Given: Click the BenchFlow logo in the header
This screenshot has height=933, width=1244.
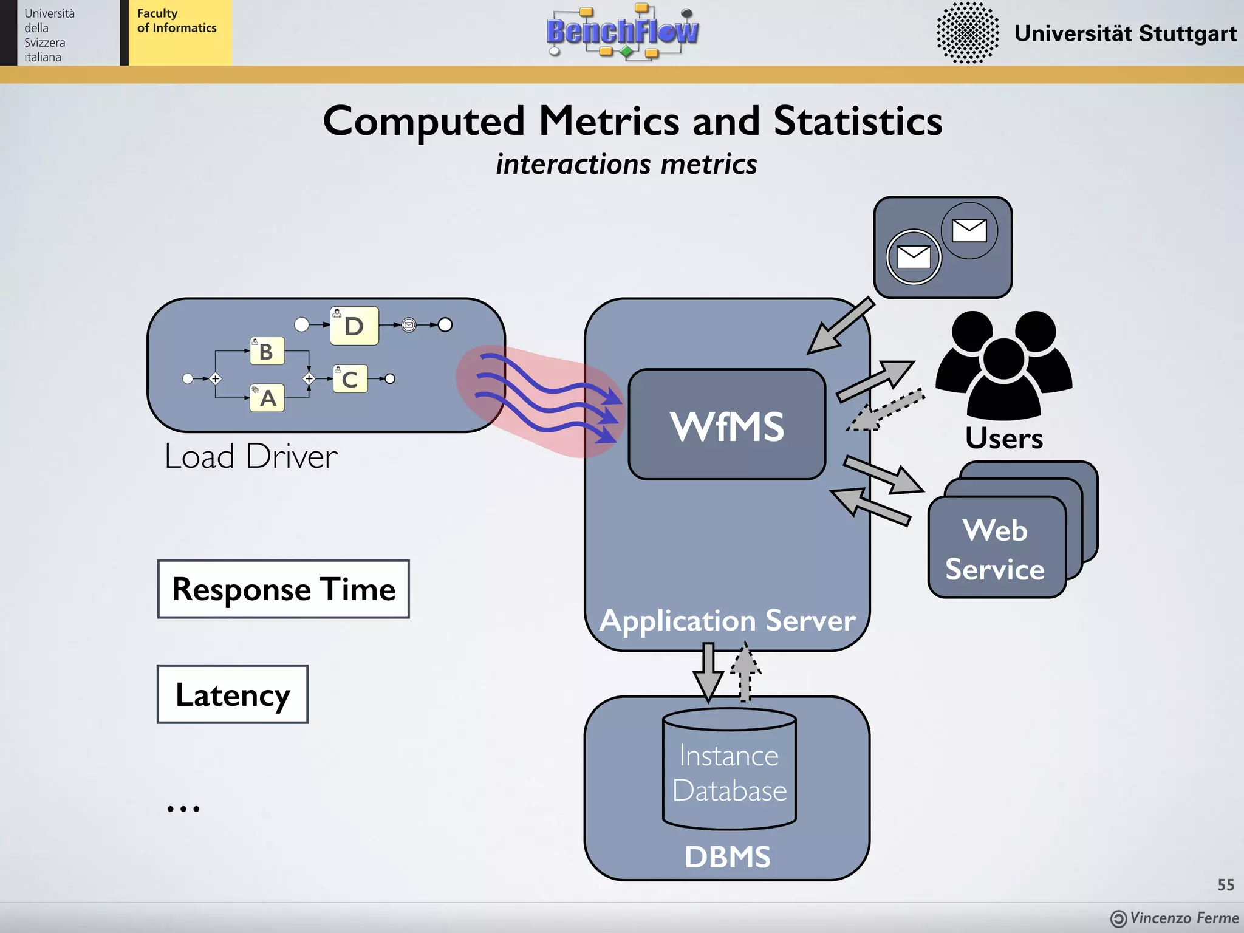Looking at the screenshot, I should click(x=622, y=32).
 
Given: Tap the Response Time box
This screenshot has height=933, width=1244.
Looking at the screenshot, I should click(x=283, y=589).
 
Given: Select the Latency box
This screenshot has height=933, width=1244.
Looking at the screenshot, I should click(x=233, y=694).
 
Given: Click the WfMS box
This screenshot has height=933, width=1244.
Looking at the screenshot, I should click(x=726, y=425).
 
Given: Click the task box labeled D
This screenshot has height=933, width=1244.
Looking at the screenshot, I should click(x=354, y=326).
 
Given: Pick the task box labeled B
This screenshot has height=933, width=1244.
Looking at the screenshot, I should click(x=267, y=351).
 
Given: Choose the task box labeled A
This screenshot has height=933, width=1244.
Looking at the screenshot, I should click(x=267, y=398).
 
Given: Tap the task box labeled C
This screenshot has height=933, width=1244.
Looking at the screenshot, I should click(x=350, y=379).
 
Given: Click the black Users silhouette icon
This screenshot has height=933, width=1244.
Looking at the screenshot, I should click(x=1003, y=364).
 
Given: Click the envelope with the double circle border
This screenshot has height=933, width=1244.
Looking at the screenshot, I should click(x=913, y=257).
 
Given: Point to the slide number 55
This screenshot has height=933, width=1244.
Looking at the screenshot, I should click(x=1225, y=884).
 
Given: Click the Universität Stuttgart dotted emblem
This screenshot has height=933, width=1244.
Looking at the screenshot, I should click(x=967, y=33).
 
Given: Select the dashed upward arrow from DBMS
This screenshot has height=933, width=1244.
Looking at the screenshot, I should click(x=745, y=673).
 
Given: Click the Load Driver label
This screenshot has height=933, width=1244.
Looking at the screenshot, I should click(x=251, y=456).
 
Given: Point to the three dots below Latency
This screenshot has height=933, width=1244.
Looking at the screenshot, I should click(x=183, y=808).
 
